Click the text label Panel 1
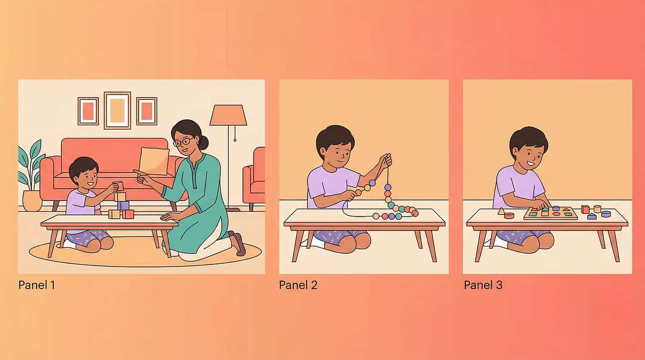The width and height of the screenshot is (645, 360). (x=37, y=285)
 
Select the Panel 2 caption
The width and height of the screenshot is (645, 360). (x=298, y=285)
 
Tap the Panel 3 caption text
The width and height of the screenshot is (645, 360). (x=483, y=285)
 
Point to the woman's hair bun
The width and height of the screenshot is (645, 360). (x=203, y=142)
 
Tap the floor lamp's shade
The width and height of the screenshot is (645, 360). (x=228, y=115)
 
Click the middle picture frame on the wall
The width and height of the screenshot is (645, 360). (x=117, y=110)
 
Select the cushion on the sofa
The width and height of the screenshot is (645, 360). (x=154, y=161)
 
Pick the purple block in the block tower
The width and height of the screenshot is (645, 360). (x=123, y=205)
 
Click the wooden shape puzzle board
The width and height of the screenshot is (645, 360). (x=550, y=214)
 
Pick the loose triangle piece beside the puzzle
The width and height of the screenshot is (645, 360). (x=501, y=211)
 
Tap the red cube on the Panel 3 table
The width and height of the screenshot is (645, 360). (x=585, y=209)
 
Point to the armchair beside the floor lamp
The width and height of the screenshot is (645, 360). (x=255, y=177)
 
